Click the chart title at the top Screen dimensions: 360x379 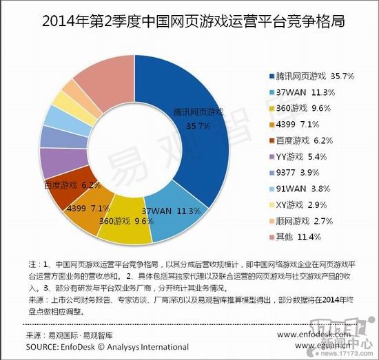[x=189, y=23]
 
